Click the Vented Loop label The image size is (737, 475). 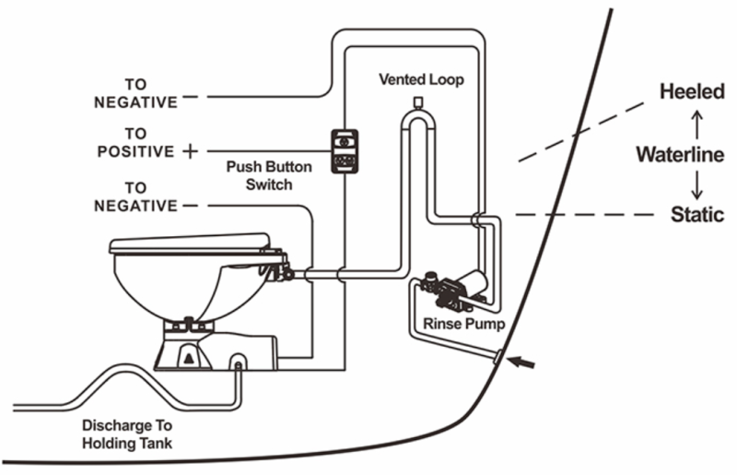tap(422, 79)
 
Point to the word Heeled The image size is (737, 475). tap(692, 92)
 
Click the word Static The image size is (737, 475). tap(697, 215)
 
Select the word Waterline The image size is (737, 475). tap(680, 154)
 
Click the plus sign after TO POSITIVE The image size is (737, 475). tap(190, 151)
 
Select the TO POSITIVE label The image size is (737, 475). tap(135, 142)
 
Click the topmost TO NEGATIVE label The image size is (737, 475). tap(135, 93)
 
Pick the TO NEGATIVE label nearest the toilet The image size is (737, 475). tap(135, 196)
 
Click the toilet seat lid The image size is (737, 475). tap(189, 244)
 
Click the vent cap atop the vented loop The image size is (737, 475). tap(417, 100)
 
